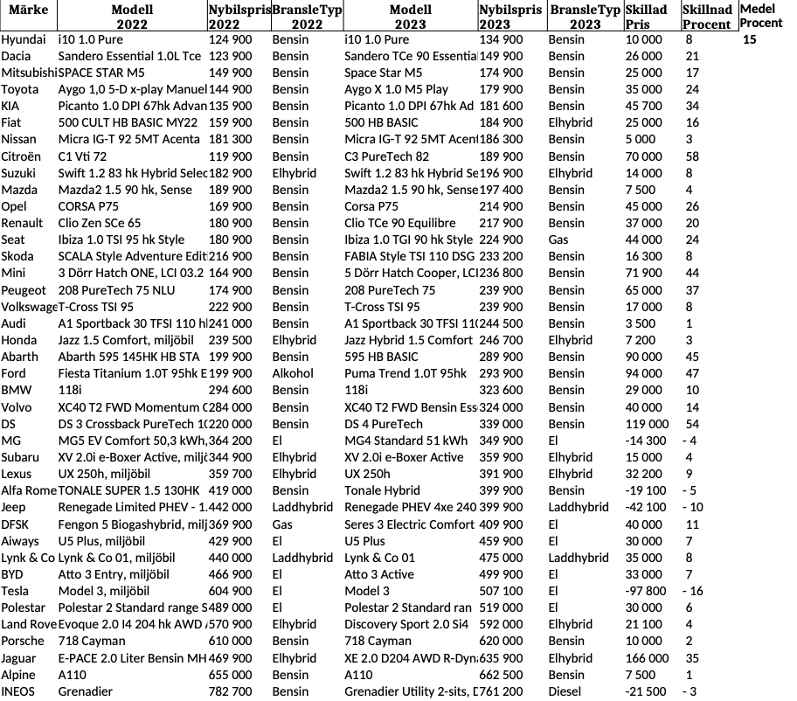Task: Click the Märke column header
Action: click(27, 10)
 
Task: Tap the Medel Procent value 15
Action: click(749, 40)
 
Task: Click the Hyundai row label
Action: click(24, 40)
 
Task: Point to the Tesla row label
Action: click(15, 591)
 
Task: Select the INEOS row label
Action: click(18, 691)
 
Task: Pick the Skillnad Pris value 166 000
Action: click(648, 658)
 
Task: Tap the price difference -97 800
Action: click(646, 591)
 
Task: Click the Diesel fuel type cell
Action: click(565, 691)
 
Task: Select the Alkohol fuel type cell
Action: click(292, 373)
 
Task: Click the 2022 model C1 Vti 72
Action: click(82, 156)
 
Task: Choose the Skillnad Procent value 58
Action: click(692, 156)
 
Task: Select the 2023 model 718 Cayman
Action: click(378, 642)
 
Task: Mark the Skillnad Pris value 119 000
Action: click(648, 424)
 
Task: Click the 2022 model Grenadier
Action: click(86, 691)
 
